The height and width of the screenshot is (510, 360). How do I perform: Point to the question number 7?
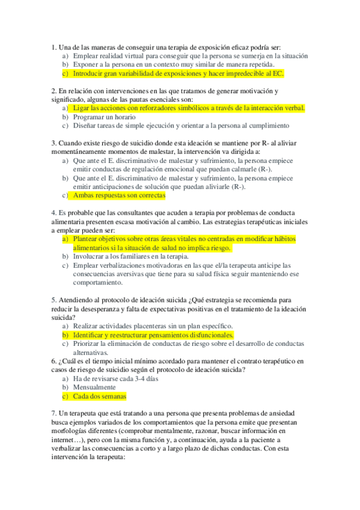53,414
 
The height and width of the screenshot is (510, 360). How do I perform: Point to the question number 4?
53,212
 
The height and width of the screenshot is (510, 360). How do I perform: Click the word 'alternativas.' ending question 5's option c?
90,352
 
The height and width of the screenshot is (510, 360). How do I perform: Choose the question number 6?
53,361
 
